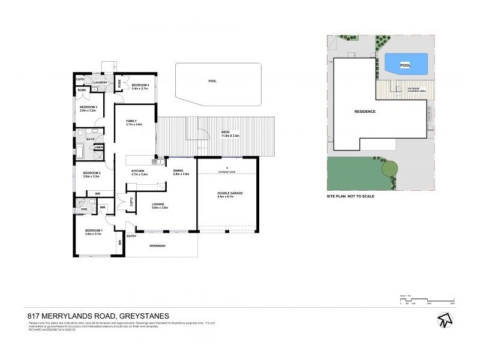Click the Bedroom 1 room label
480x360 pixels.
click(94, 231)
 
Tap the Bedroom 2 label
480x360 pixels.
click(91, 174)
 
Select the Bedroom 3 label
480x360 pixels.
click(88, 108)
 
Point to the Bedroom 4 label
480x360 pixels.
click(140, 85)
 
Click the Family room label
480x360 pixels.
click(131, 121)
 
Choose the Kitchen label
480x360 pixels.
click(138, 172)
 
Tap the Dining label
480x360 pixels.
click(178, 172)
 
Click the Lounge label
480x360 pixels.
click(160, 205)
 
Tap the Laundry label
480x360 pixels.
click(100, 82)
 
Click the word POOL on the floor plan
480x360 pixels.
click(212, 81)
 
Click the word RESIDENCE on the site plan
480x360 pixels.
click(365, 112)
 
